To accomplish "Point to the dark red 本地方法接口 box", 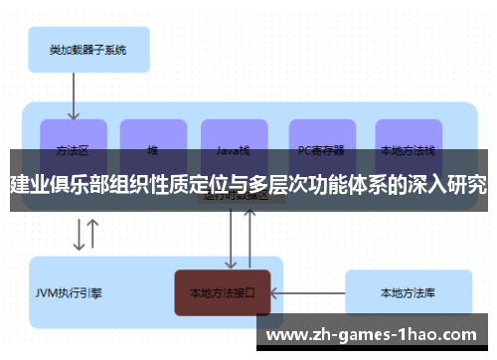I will pyautogui.click(x=223, y=293).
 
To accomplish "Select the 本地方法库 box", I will pyautogui.click(x=408, y=293).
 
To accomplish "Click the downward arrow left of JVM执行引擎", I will pyautogui.click(x=79, y=236).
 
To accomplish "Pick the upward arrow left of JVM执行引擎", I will pyautogui.click(x=93, y=236).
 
